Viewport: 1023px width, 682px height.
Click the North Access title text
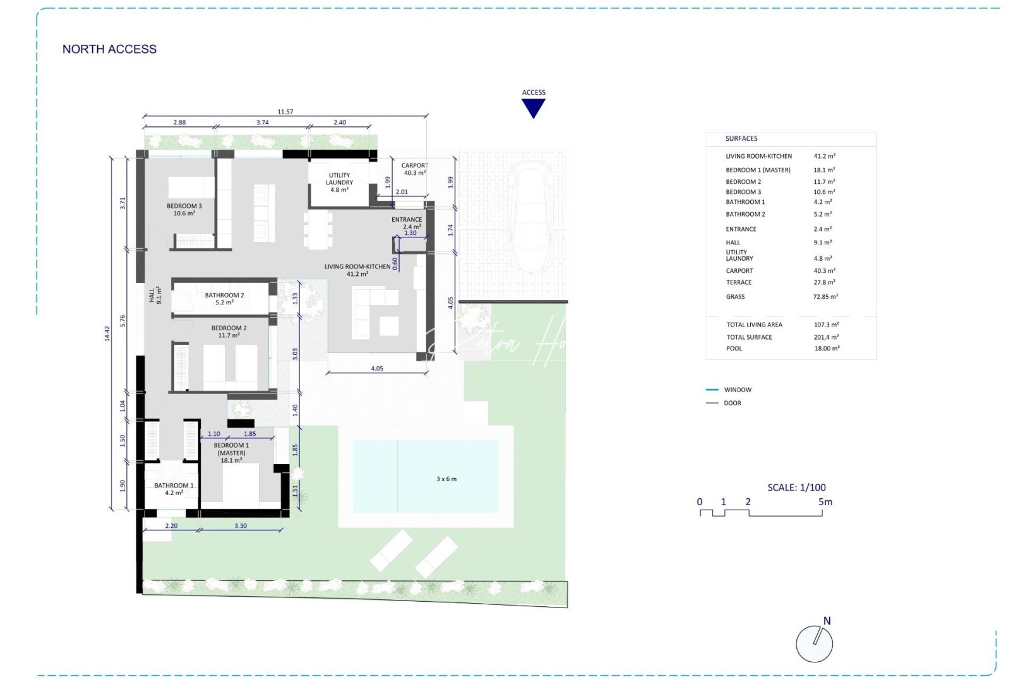[109, 49]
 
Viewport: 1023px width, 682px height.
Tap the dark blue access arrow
[533, 108]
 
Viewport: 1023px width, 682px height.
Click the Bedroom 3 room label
[184, 210]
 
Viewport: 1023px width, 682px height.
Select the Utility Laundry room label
[339, 182]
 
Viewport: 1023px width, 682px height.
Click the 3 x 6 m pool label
[446, 479]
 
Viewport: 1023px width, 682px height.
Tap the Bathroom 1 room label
[174, 489]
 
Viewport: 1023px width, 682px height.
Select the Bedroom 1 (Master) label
[231, 453]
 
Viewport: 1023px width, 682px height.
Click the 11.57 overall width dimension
[285, 112]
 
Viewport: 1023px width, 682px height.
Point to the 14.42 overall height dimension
[107, 333]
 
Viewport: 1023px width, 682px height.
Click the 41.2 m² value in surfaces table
[824, 156]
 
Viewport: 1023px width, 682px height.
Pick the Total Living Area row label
[754, 325]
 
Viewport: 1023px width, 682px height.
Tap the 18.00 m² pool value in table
[827, 349]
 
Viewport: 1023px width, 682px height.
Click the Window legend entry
[737, 390]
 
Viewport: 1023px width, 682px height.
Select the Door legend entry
[732, 403]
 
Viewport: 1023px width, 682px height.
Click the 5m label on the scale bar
[825, 502]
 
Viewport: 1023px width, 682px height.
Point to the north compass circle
[814, 644]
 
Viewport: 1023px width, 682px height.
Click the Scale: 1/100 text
[796, 488]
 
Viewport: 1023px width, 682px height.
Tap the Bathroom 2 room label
[224, 299]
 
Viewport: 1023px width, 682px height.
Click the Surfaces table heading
[741, 138]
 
